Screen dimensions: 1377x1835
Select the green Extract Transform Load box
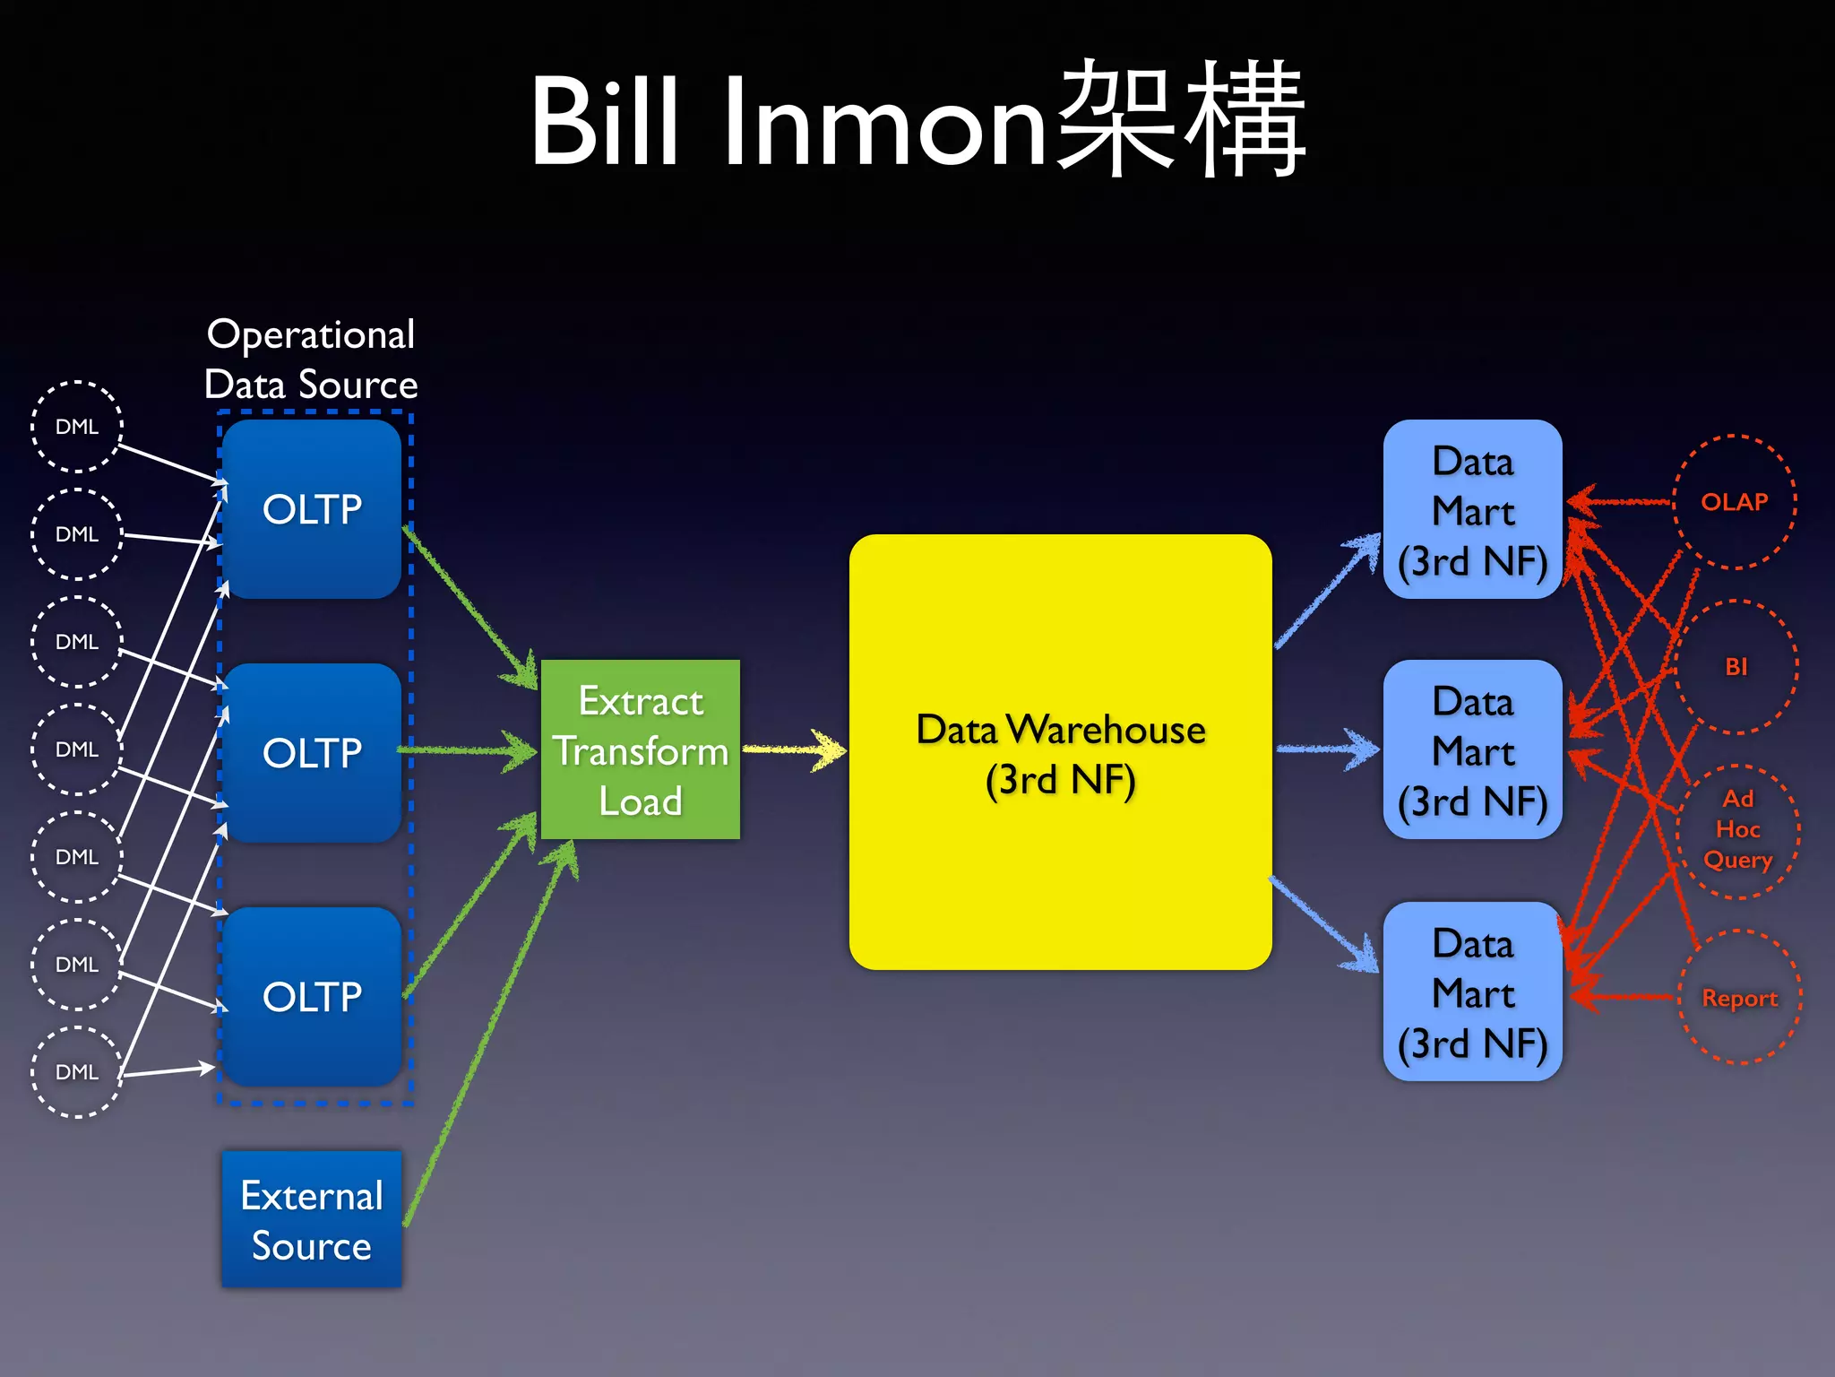640,749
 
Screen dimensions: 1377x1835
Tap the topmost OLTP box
312,509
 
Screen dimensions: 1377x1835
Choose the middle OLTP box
312,753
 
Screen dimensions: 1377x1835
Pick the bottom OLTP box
312,997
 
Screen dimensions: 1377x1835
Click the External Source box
312,1219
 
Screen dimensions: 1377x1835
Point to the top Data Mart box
1472,509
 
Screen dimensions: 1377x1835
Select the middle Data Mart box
1472,750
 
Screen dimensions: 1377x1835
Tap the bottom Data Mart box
1472,992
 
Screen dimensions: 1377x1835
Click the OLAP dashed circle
1735,502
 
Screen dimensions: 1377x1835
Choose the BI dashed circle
1736,667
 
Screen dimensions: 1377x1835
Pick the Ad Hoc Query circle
1738,830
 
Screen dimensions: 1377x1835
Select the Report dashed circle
1739,998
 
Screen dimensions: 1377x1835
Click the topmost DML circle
77,427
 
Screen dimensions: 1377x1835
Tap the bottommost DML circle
77,1072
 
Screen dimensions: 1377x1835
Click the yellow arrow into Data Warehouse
794,749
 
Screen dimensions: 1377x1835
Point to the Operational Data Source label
311,359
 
